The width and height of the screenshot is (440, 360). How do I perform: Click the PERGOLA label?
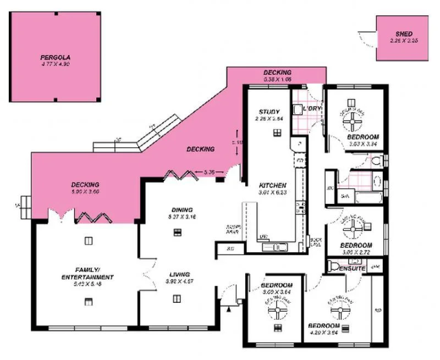[x=56, y=57]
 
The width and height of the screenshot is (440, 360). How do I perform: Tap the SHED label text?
[x=404, y=34]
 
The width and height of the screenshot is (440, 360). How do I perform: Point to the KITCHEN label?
[x=273, y=185]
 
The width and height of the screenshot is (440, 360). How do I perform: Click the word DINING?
[x=182, y=209]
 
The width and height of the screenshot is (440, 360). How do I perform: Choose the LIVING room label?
[x=180, y=274]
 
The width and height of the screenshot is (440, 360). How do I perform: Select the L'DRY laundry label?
[x=311, y=109]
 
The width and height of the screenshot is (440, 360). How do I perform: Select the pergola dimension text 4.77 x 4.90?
[x=56, y=64]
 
